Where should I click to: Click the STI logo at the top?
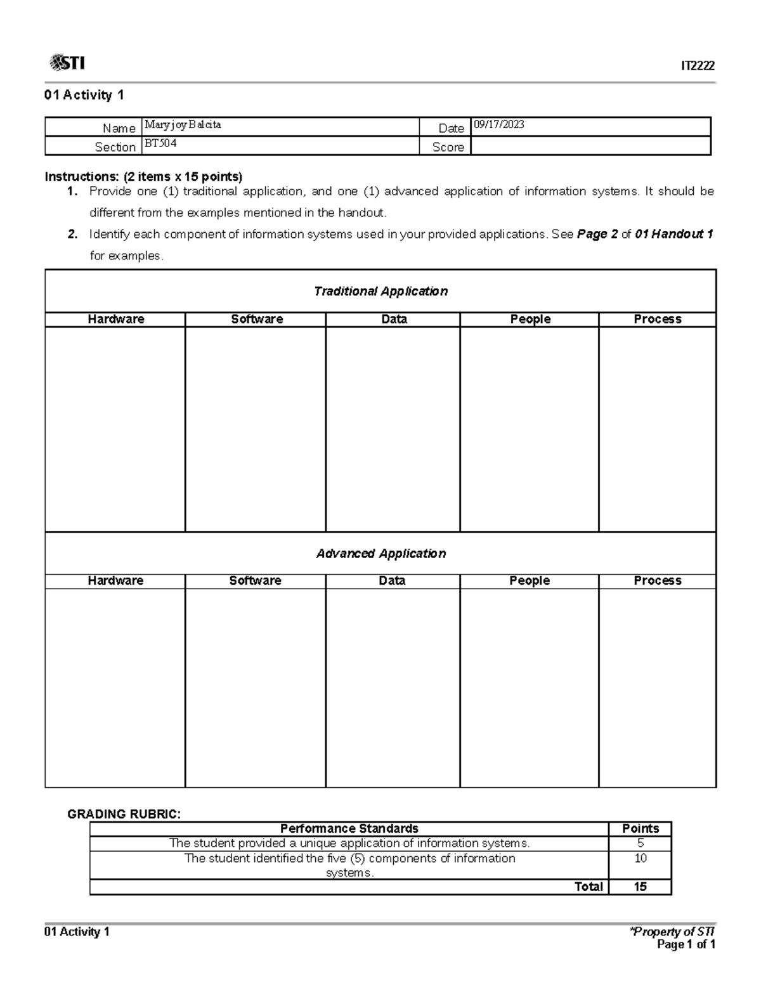click(x=67, y=63)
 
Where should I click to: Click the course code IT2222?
click(x=698, y=66)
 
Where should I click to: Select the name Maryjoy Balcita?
click(x=183, y=125)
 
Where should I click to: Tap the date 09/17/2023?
click(x=499, y=125)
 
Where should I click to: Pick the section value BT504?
click(x=160, y=144)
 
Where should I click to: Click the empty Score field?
click(x=590, y=147)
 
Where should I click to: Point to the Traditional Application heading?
click(x=380, y=291)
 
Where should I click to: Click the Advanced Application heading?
click(x=380, y=554)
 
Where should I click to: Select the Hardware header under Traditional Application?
click(x=115, y=319)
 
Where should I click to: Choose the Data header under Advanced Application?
click(x=392, y=580)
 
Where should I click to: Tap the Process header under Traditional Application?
click(x=657, y=319)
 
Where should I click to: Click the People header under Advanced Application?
click(x=529, y=580)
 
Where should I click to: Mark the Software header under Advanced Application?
click(x=255, y=580)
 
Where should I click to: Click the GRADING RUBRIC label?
click(x=124, y=814)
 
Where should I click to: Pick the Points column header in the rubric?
click(x=641, y=828)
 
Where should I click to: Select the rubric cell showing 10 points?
click(x=641, y=858)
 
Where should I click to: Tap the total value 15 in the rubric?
click(x=641, y=887)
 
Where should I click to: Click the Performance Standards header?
click(x=349, y=828)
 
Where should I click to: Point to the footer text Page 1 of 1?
click(x=686, y=945)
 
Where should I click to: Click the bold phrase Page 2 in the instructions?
click(x=597, y=234)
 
